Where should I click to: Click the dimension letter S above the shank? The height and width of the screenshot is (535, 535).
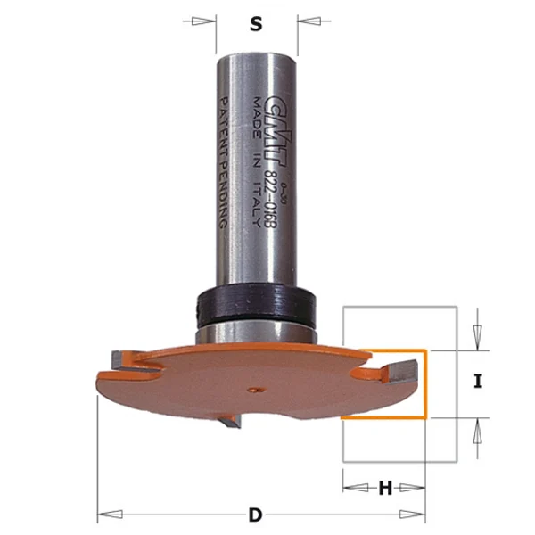pos(256,25)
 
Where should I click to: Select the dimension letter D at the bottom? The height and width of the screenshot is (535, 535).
pos(256,514)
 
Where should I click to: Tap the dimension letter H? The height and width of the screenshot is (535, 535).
pos(385,488)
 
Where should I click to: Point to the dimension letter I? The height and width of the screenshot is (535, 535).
pos(478,382)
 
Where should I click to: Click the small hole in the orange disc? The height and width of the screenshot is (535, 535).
pos(256,388)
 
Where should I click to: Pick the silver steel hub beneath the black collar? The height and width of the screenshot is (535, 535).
pos(255,332)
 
